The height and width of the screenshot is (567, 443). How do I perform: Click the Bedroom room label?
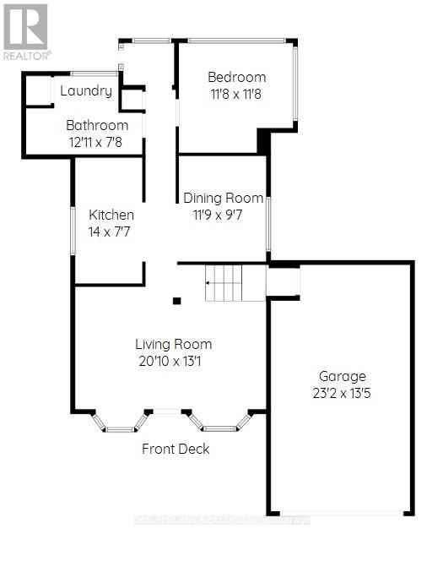tap(237, 77)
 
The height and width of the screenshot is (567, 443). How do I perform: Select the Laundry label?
tap(86, 91)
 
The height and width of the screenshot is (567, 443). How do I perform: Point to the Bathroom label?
tap(98, 125)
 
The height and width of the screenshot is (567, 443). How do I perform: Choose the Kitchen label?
tap(111, 215)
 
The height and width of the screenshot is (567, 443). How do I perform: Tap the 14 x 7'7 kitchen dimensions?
tap(111, 231)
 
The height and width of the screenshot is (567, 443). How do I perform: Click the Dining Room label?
tap(224, 198)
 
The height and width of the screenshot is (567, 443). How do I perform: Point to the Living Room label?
tap(174, 344)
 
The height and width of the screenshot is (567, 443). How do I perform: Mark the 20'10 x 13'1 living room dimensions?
tap(174, 361)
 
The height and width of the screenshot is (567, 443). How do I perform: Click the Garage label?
tap(342, 376)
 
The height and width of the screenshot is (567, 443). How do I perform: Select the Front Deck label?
tap(176, 449)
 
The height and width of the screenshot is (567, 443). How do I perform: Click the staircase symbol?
tap(224, 283)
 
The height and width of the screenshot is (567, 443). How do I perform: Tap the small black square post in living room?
tap(176, 300)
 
